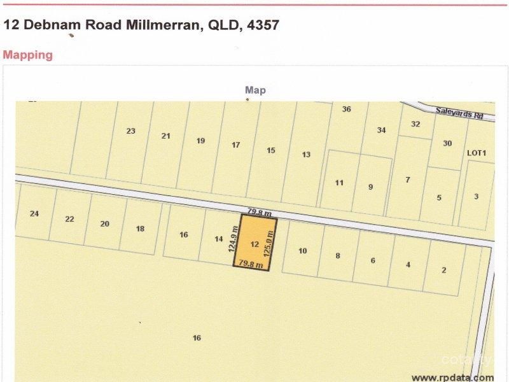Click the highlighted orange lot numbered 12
(254, 244)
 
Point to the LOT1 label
(477, 153)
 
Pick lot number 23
(130, 131)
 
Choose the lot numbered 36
(346, 109)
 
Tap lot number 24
(34, 213)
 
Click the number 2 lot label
(443, 270)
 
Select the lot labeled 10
(302, 251)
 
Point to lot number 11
(339, 183)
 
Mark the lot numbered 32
(415, 124)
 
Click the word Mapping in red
(27, 55)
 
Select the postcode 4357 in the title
(260, 25)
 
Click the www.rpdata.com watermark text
(452, 376)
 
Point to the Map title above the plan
(255, 90)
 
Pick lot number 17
(235, 145)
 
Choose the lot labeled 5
(439, 198)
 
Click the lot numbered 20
(105, 223)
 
